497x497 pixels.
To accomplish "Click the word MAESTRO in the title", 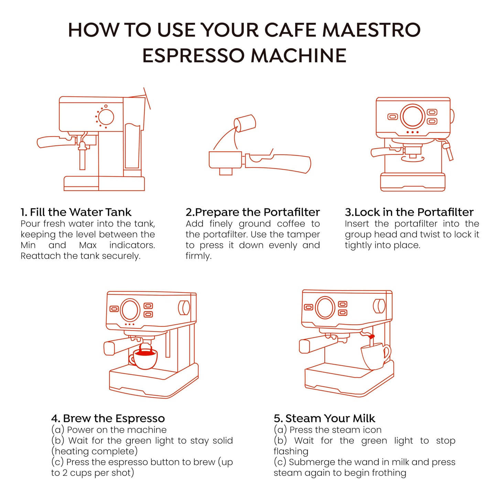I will click(x=371, y=30).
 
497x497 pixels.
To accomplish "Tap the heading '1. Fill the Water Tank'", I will click(x=76, y=212).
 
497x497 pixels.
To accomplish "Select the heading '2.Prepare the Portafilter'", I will click(x=252, y=212).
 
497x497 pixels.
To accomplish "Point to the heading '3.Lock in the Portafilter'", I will click(x=409, y=212).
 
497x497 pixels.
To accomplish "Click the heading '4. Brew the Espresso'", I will click(x=108, y=418).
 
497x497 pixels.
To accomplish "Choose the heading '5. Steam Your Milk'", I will click(x=324, y=418).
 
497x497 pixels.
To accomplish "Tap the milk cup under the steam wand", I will click(x=374, y=356).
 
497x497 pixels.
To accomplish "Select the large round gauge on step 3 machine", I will click(x=412, y=116).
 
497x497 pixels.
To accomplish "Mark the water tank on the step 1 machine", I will click(x=132, y=146).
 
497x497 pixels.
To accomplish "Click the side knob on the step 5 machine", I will click(x=379, y=306).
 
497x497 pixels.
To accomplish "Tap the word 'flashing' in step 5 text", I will click(x=291, y=451).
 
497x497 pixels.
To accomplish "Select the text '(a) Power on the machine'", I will click(x=109, y=430).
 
